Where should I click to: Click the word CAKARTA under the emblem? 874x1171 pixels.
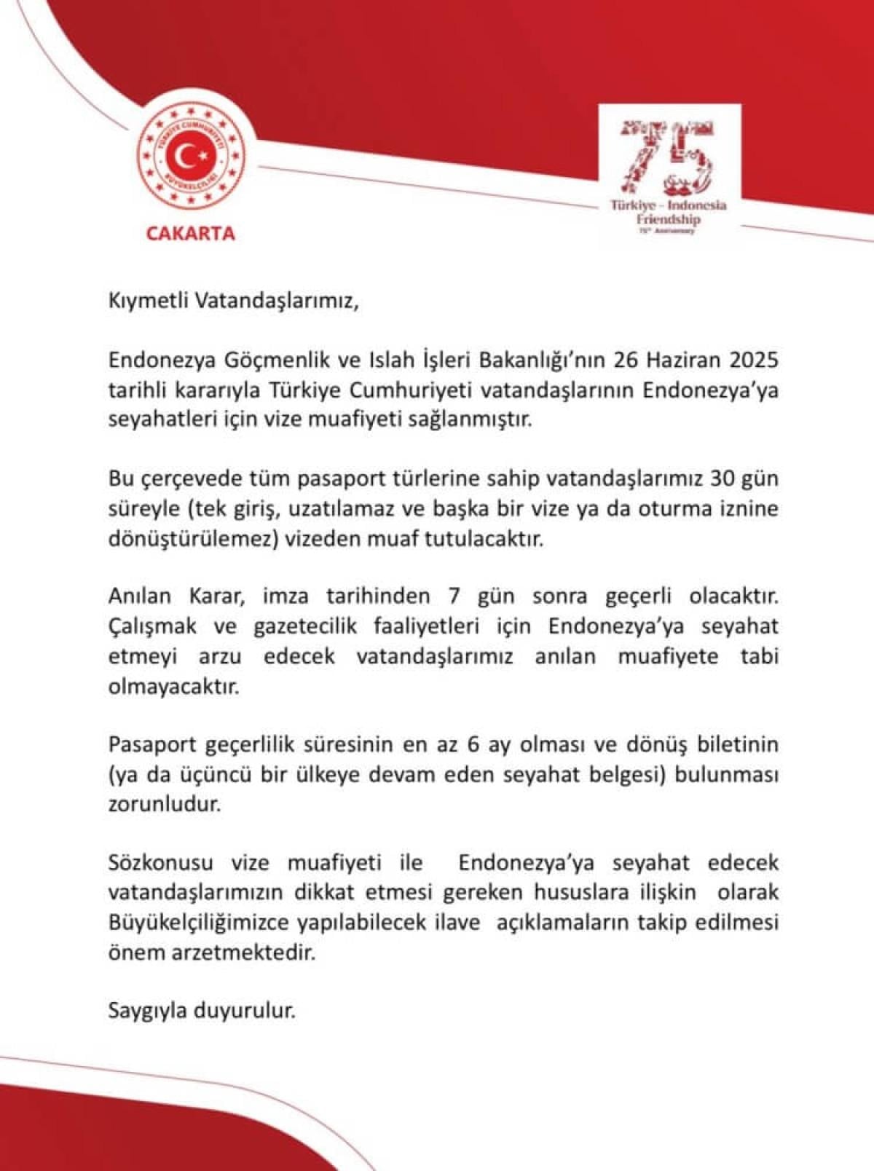click(x=191, y=234)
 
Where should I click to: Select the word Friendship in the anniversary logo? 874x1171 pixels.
click(x=668, y=218)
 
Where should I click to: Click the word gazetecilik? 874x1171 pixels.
click(x=304, y=626)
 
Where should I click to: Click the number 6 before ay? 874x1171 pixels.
click(x=471, y=745)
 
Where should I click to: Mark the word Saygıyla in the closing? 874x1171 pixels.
click(x=148, y=1012)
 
